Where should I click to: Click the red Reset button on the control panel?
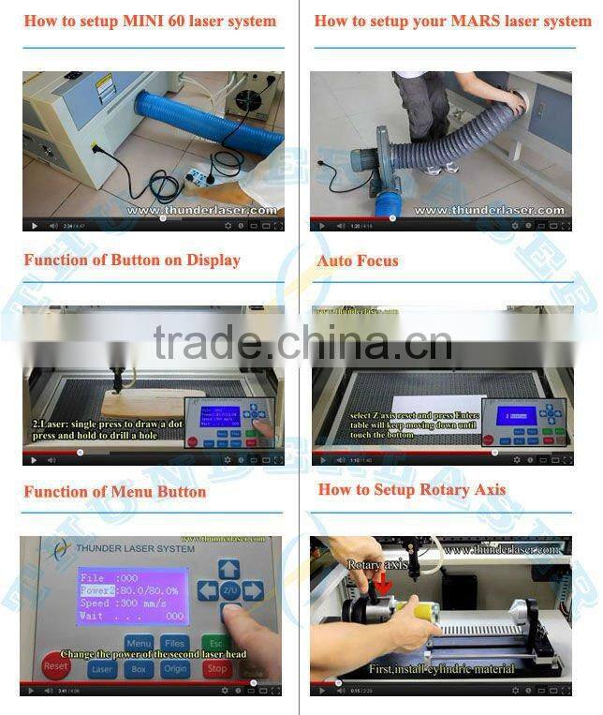[56, 665]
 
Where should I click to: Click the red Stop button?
[216, 669]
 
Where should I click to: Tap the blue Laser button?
[102, 669]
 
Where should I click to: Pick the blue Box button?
[139, 669]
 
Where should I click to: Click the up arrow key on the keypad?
[229, 568]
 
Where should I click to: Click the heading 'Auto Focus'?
[358, 260]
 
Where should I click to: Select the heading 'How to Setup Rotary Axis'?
[411, 489]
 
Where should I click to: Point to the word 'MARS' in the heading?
[477, 21]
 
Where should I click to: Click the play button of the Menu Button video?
[32, 690]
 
